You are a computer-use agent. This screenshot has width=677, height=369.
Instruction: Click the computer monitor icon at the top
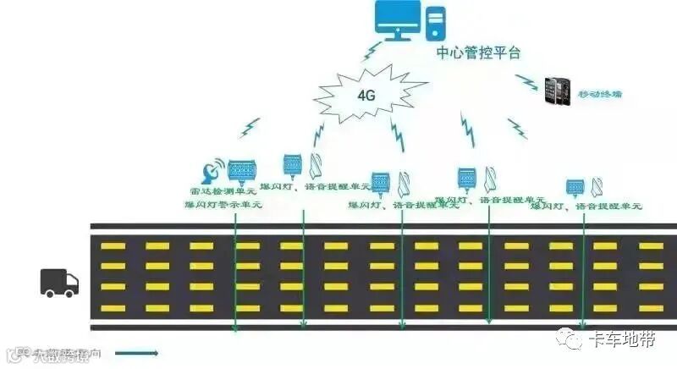pyautogui.click(x=397, y=20)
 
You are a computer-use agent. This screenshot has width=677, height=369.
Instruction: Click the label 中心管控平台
pyautogui.click(x=478, y=52)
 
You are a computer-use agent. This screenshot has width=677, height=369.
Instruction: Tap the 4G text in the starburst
pyautogui.click(x=366, y=95)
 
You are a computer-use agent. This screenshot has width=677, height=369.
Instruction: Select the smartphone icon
pyautogui.click(x=557, y=90)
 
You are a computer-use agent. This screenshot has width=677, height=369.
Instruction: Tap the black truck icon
pyautogui.click(x=59, y=283)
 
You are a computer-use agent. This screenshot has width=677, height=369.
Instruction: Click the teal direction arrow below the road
pyautogui.click(x=137, y=351)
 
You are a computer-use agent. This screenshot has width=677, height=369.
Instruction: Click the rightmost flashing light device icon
pyautogui.click(x=575, y=187)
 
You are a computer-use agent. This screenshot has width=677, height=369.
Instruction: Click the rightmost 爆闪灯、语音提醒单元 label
pyautogui.click(x=586, y=206)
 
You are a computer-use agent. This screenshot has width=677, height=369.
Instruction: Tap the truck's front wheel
pyautogui.click(x=69, y=293)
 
